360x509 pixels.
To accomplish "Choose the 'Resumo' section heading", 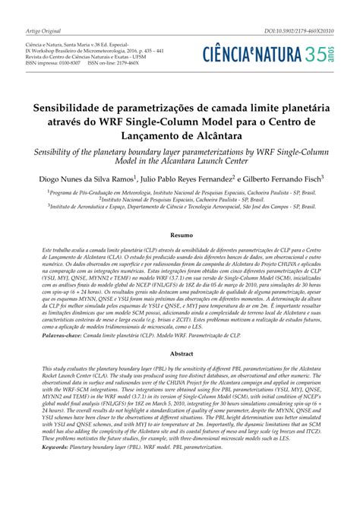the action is [x=181, y=236].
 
